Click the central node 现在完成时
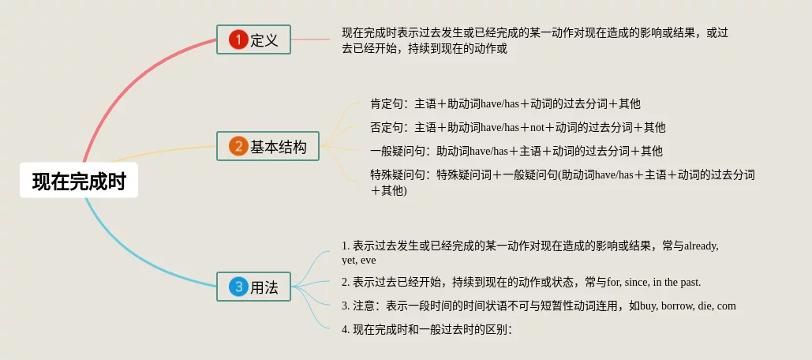79,180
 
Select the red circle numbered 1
239,39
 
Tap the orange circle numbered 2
239,147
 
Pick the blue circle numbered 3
239,287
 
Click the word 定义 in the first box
264,40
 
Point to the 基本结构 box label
279,147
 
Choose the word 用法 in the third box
264,287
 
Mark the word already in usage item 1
702,246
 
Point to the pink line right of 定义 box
310,39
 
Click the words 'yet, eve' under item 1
359,261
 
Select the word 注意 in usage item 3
364,306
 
